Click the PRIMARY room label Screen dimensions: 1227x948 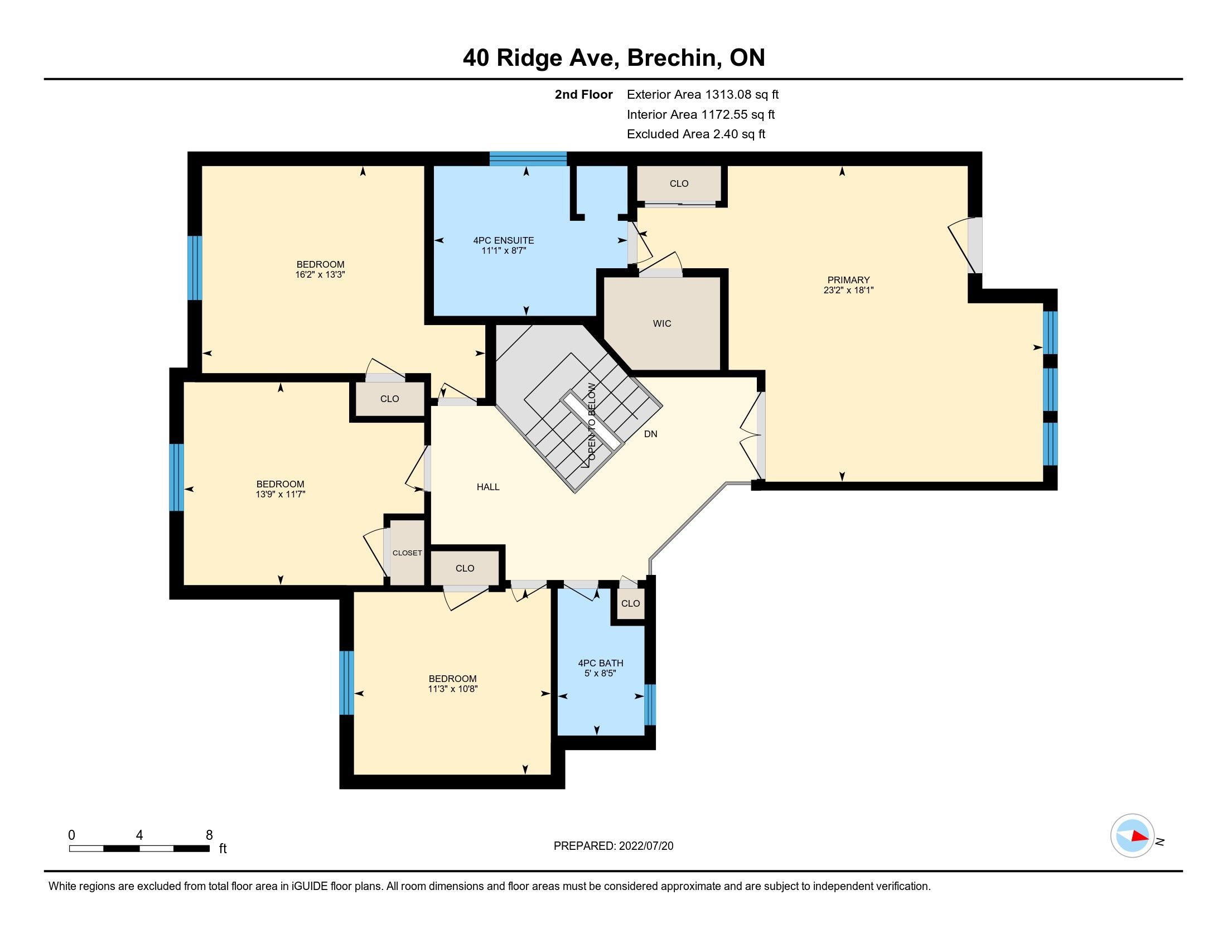click(x=848, y=280)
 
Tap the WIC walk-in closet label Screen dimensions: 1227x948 click(x=662, y=323)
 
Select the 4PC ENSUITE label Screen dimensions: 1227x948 click(x=504, y=240)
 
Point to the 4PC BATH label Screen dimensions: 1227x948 click(x=601, y=663)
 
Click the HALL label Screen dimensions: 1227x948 click(x=488, y=487)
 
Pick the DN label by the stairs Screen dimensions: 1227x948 click(x=650, y=434)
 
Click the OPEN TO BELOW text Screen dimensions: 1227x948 click(x=592, y=422)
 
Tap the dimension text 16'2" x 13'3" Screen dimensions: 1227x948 click(x=320, y=274)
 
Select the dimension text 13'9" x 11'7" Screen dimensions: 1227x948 click(x=280, y=494)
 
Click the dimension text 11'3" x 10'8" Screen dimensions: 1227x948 click(x=452, y=689)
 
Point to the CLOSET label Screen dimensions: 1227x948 click(x=407, y=553)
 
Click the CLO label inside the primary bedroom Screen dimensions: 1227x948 click(x=679, y=183)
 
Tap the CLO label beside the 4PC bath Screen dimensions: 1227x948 click(x=630, y=603)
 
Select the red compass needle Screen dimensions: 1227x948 click(x=1140, y=836)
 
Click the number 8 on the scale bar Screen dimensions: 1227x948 click(x=209, y=835)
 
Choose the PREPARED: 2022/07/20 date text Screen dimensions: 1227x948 click(x=613, y=846)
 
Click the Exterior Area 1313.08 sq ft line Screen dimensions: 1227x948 click(x=703, y=94)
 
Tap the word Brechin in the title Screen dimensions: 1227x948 click(x=674, y=57)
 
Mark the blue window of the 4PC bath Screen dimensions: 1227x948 click(x=650, y=704)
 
